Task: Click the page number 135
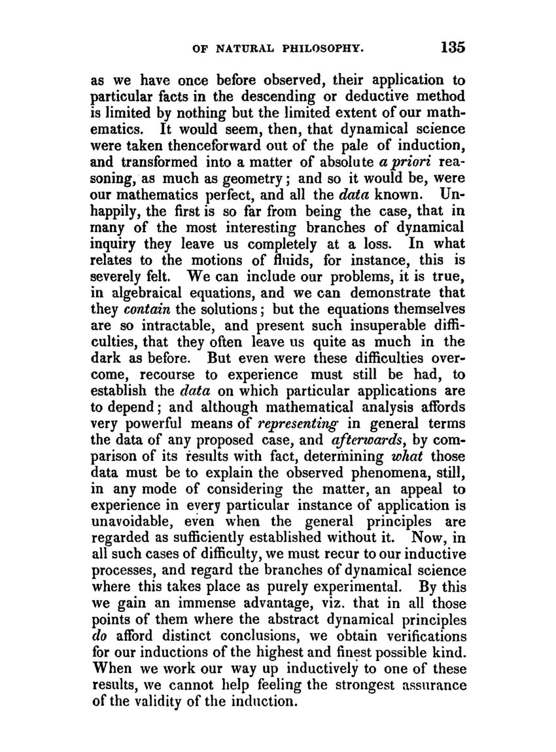click(x=452, y=48)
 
